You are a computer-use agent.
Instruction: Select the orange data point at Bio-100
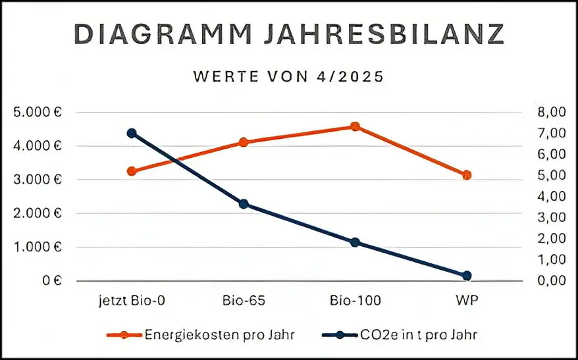[355, 126]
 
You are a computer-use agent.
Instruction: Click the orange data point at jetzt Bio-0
[131, 171]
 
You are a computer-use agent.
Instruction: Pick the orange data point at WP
[467, 175]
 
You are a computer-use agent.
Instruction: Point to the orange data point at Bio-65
[243, 142]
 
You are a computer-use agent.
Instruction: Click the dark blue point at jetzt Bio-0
[131, 133]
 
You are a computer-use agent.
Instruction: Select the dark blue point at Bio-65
[243, 204]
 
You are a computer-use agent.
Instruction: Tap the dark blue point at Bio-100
[355, 242]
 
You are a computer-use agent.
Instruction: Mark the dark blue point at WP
[467, 276]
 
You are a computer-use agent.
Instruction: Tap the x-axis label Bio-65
[243, 301]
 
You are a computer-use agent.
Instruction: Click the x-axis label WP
[467, 301]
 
